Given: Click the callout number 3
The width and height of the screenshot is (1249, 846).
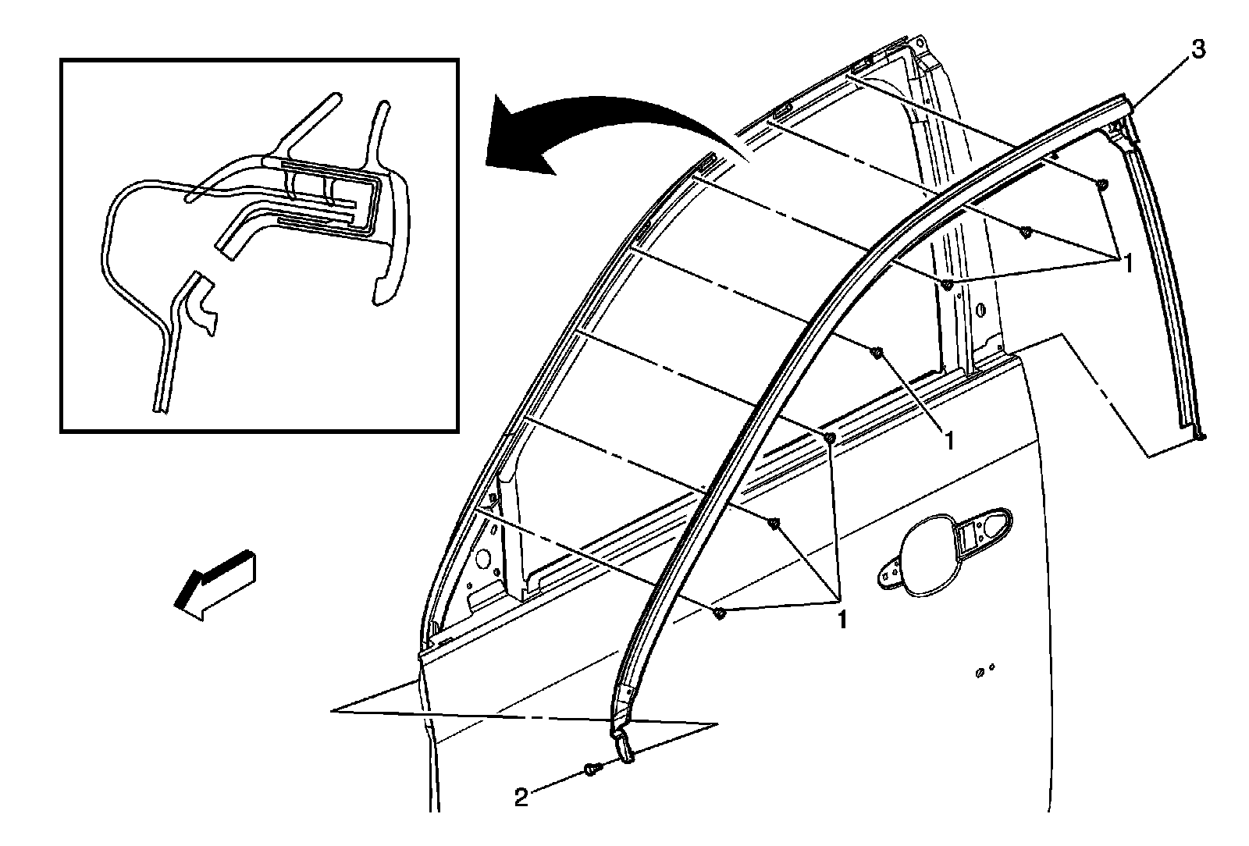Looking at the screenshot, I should (1197, 51).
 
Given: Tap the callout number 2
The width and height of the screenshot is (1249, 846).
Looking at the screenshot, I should (521, 798).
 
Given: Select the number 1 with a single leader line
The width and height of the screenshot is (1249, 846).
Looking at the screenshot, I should (948, 441).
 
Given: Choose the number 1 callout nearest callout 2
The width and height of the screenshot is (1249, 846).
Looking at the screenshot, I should (842, 620).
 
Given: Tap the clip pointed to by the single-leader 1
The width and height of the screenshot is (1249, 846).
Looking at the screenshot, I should (877, 353).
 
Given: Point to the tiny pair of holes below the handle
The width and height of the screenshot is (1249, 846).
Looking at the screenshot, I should (985, 670).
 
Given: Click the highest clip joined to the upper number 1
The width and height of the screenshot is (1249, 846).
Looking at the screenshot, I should (1101, 185).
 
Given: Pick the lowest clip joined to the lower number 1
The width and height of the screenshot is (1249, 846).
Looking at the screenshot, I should (720, 613).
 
